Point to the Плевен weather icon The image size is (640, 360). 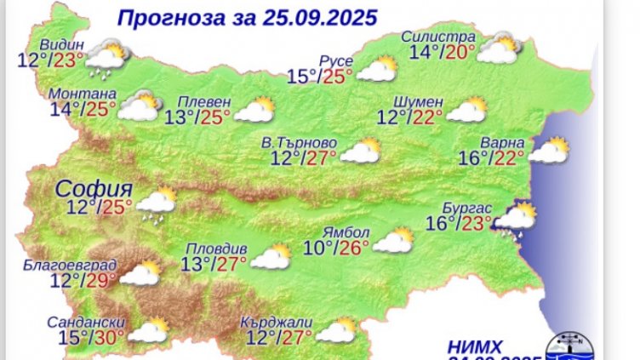click(254, 111)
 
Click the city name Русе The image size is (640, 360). click(333, 60)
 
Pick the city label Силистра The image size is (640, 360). click(439, 38)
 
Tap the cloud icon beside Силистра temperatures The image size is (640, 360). click(500, 49)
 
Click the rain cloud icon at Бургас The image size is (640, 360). click(516, 218)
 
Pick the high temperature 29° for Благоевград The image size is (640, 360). click(102, 280)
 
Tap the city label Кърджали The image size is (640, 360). click(277, 322)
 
